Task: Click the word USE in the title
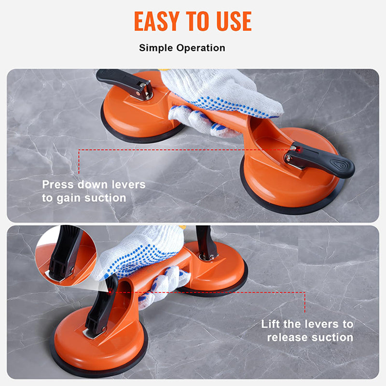[x=232, y=21]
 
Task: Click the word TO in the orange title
[x=196, y=21]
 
